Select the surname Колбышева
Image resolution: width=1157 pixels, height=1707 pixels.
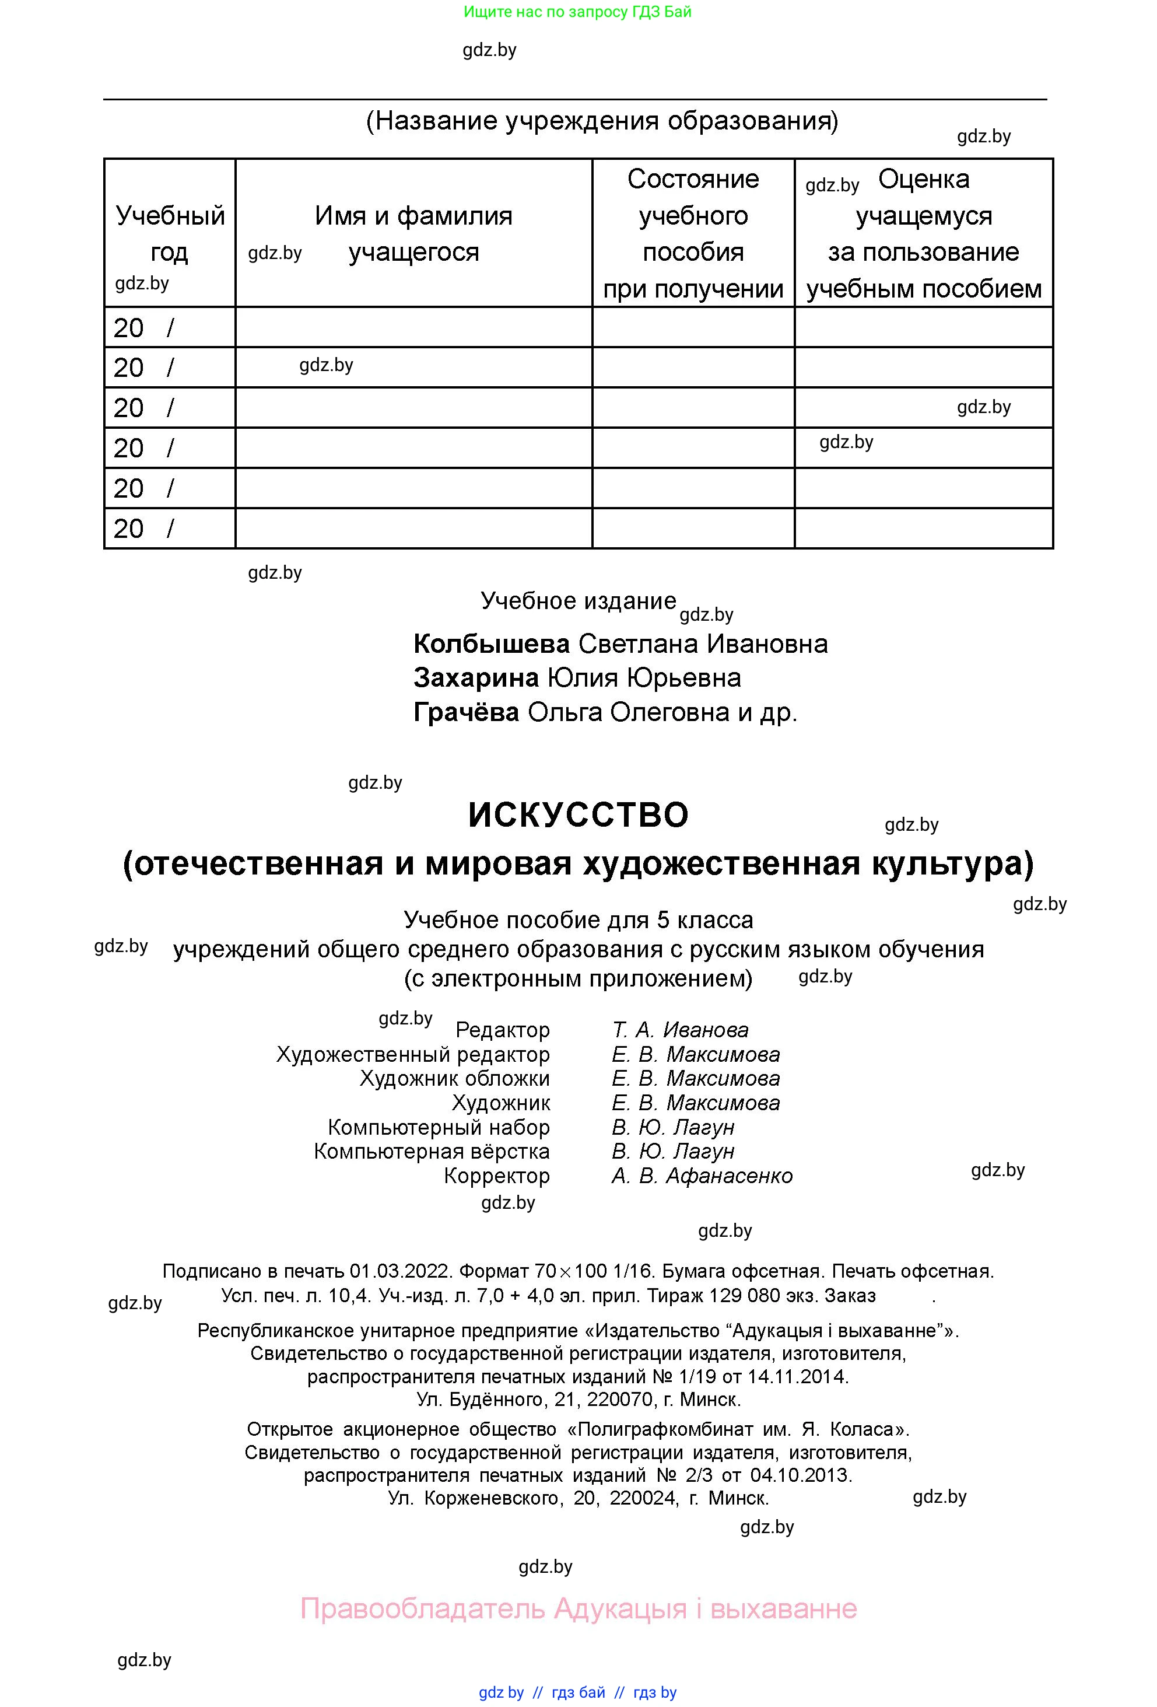point(491,643)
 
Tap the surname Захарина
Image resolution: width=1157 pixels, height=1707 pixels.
point(476,677)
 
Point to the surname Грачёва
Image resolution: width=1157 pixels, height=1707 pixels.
point(466,712)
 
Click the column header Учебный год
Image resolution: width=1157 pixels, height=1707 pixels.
point(170,233)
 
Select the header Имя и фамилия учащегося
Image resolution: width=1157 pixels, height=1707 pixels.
point(413,233)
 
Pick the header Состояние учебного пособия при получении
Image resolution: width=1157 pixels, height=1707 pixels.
point(693,233)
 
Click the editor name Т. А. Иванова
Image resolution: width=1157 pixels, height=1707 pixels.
point(680,1030)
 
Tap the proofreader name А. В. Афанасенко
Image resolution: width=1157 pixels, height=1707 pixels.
point(702,1176)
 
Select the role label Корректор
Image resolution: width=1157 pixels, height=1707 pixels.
point(496,1176)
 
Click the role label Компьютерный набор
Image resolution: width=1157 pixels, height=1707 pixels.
point(439,1128)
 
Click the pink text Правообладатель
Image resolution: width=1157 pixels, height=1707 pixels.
point(422,1608)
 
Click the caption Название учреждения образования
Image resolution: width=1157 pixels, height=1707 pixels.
point(602,120)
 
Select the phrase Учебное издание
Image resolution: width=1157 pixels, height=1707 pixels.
point(578,601)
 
